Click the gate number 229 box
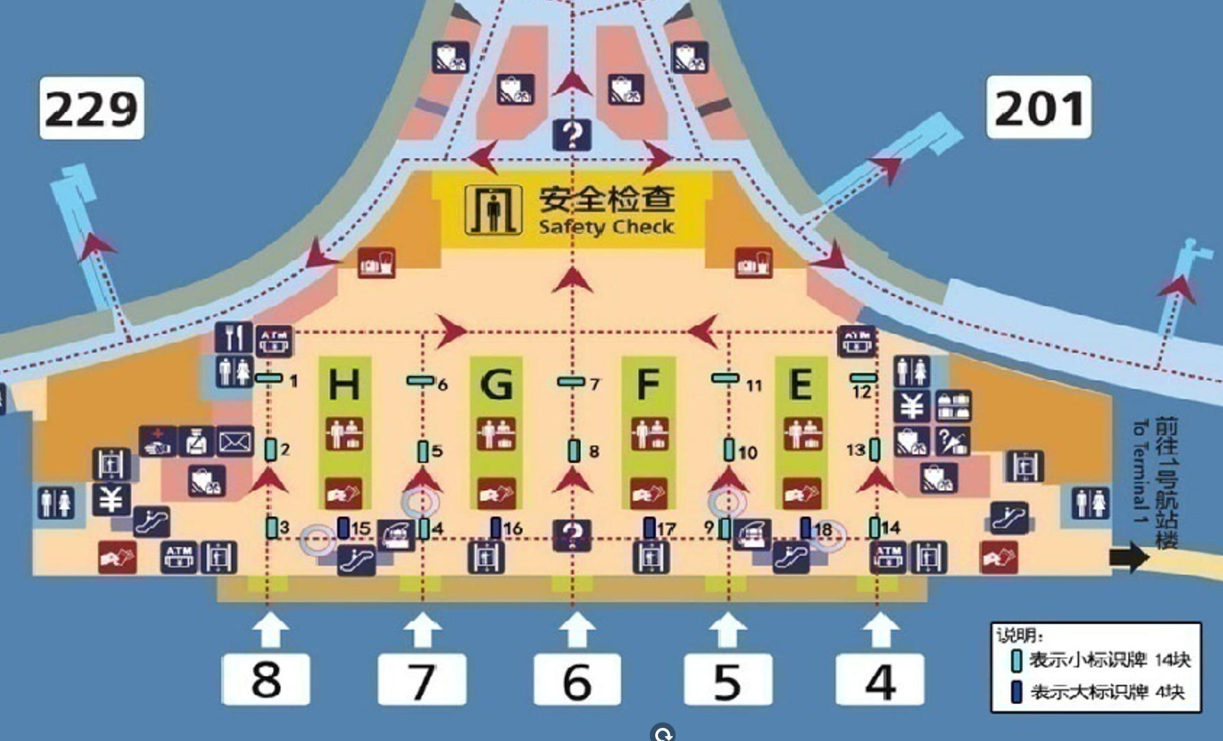(92, 108)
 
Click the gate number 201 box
(1039, 107)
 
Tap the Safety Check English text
(606, 227)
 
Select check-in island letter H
(344, 384)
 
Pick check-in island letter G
(496, 384)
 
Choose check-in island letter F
(648, 384)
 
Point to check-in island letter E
(801, 384)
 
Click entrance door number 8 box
(266, 679)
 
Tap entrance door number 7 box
(422, 679)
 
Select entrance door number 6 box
(577, 679)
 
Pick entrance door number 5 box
(728, 679)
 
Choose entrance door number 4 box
(880, 679)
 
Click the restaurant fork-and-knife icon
(233, 337)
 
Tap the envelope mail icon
(234, 442)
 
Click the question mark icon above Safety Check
(572, 135)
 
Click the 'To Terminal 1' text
(1139, 472)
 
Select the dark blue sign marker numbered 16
(496, 527)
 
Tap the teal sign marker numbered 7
(571, 381)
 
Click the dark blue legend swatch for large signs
(1017, 692)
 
